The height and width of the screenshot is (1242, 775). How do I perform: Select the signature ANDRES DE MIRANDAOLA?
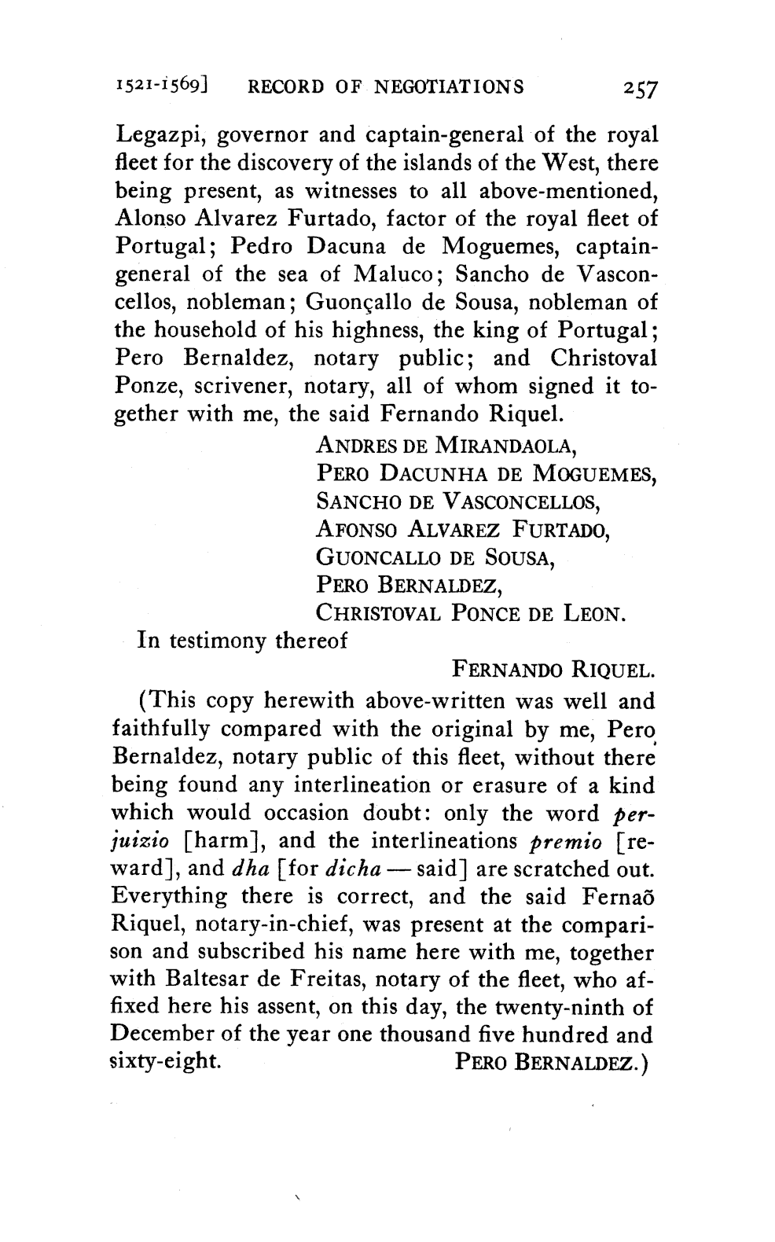pyautogui.click(x=446, y=447)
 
